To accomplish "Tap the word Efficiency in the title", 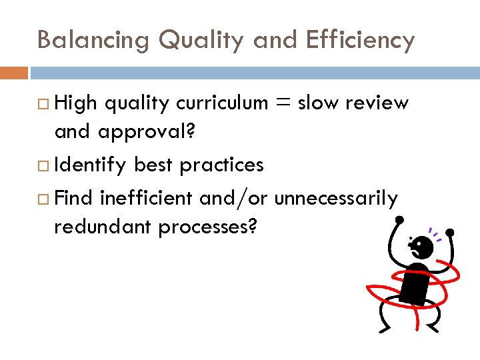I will point(360,40).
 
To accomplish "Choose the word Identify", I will point(91,165).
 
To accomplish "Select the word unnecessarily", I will point(336,198).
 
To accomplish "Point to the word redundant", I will point(103,227).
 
